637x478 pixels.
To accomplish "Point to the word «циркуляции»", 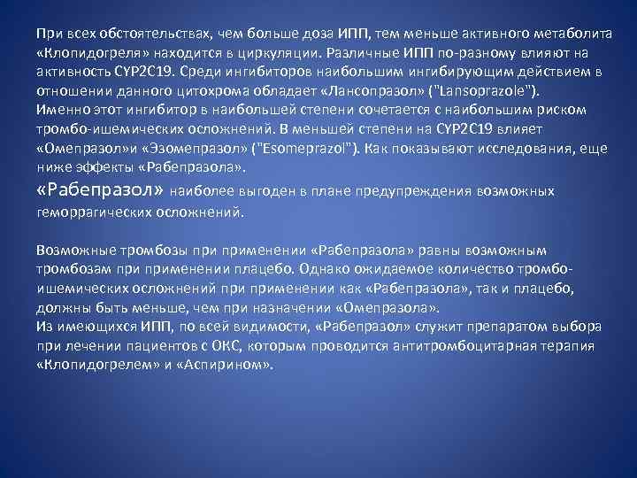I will (x=275, y=52).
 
